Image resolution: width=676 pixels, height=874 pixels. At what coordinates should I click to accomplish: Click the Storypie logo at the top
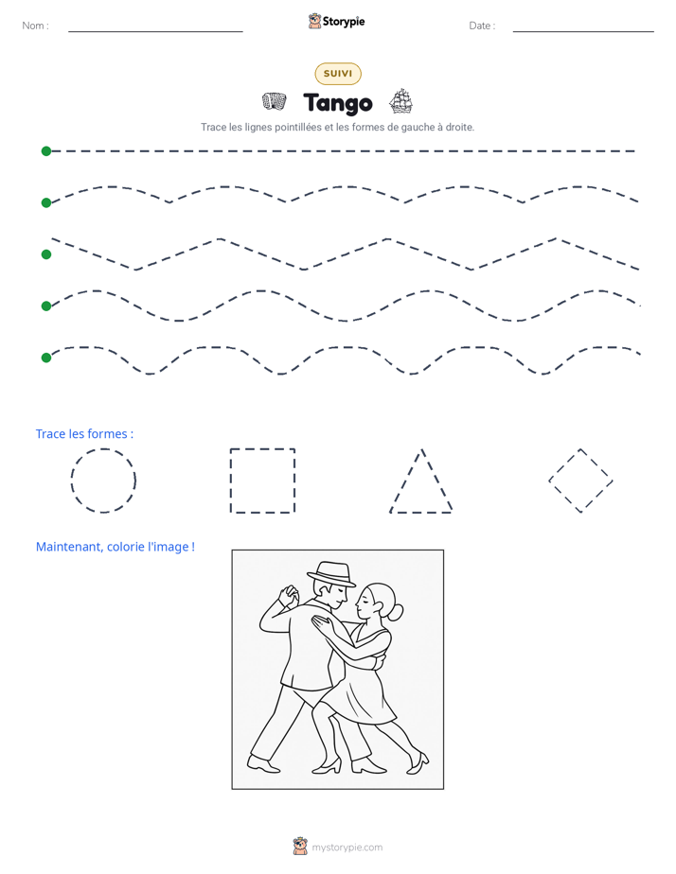[337, 21]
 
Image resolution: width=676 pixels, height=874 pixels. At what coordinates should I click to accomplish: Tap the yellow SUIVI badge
[338, 74]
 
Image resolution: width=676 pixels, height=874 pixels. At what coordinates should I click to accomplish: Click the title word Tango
[338, 103]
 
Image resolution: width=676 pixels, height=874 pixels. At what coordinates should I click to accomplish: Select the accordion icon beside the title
[275, 101]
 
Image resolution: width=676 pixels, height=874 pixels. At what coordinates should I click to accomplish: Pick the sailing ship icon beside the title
[400, 101]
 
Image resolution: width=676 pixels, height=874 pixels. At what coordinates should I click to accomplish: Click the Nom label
[35, 26]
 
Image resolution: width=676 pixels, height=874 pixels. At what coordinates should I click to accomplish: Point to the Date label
[482, 26]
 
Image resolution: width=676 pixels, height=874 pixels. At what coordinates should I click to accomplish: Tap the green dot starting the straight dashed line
[46, 151]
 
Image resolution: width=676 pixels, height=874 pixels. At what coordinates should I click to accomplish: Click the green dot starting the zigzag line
[46, 254]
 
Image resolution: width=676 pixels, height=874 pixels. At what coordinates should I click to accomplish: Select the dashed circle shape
[71, 481]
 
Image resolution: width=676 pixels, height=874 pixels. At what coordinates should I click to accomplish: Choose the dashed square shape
[231, 481]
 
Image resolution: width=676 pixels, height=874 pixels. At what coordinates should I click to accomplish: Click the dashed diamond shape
[564, 464]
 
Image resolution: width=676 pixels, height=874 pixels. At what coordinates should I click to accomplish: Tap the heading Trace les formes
[85, 433]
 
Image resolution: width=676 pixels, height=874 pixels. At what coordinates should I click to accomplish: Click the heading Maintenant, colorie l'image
[116, 547]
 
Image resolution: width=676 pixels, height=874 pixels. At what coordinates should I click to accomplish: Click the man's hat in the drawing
[331, 573]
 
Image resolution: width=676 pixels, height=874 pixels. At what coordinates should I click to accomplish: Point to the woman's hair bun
[396, 613]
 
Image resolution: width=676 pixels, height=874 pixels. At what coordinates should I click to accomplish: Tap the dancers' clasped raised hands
[289, 596]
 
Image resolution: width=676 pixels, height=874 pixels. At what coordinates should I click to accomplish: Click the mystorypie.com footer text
[347, 848]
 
